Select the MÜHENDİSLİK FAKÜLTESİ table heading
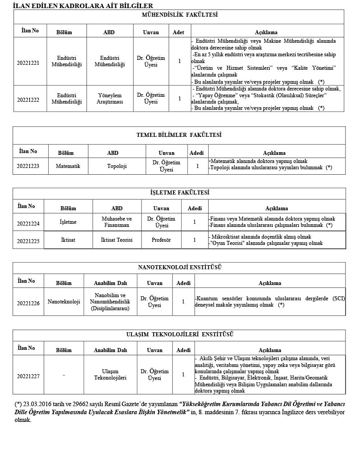180,15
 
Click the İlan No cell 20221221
28,63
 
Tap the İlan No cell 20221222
28,98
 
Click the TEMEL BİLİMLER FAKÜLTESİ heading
179,135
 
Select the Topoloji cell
117,166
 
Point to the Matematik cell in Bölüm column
68,166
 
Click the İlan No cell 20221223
28,166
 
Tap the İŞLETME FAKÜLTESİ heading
179,193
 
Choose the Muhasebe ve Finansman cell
117,222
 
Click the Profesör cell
161,240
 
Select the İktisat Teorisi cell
117,240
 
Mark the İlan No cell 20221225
28,241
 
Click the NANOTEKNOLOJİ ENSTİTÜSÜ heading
179,267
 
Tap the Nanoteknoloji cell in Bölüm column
64,302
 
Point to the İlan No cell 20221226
28,303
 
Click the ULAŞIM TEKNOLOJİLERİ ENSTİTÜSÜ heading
179,335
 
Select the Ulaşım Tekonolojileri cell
109,375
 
